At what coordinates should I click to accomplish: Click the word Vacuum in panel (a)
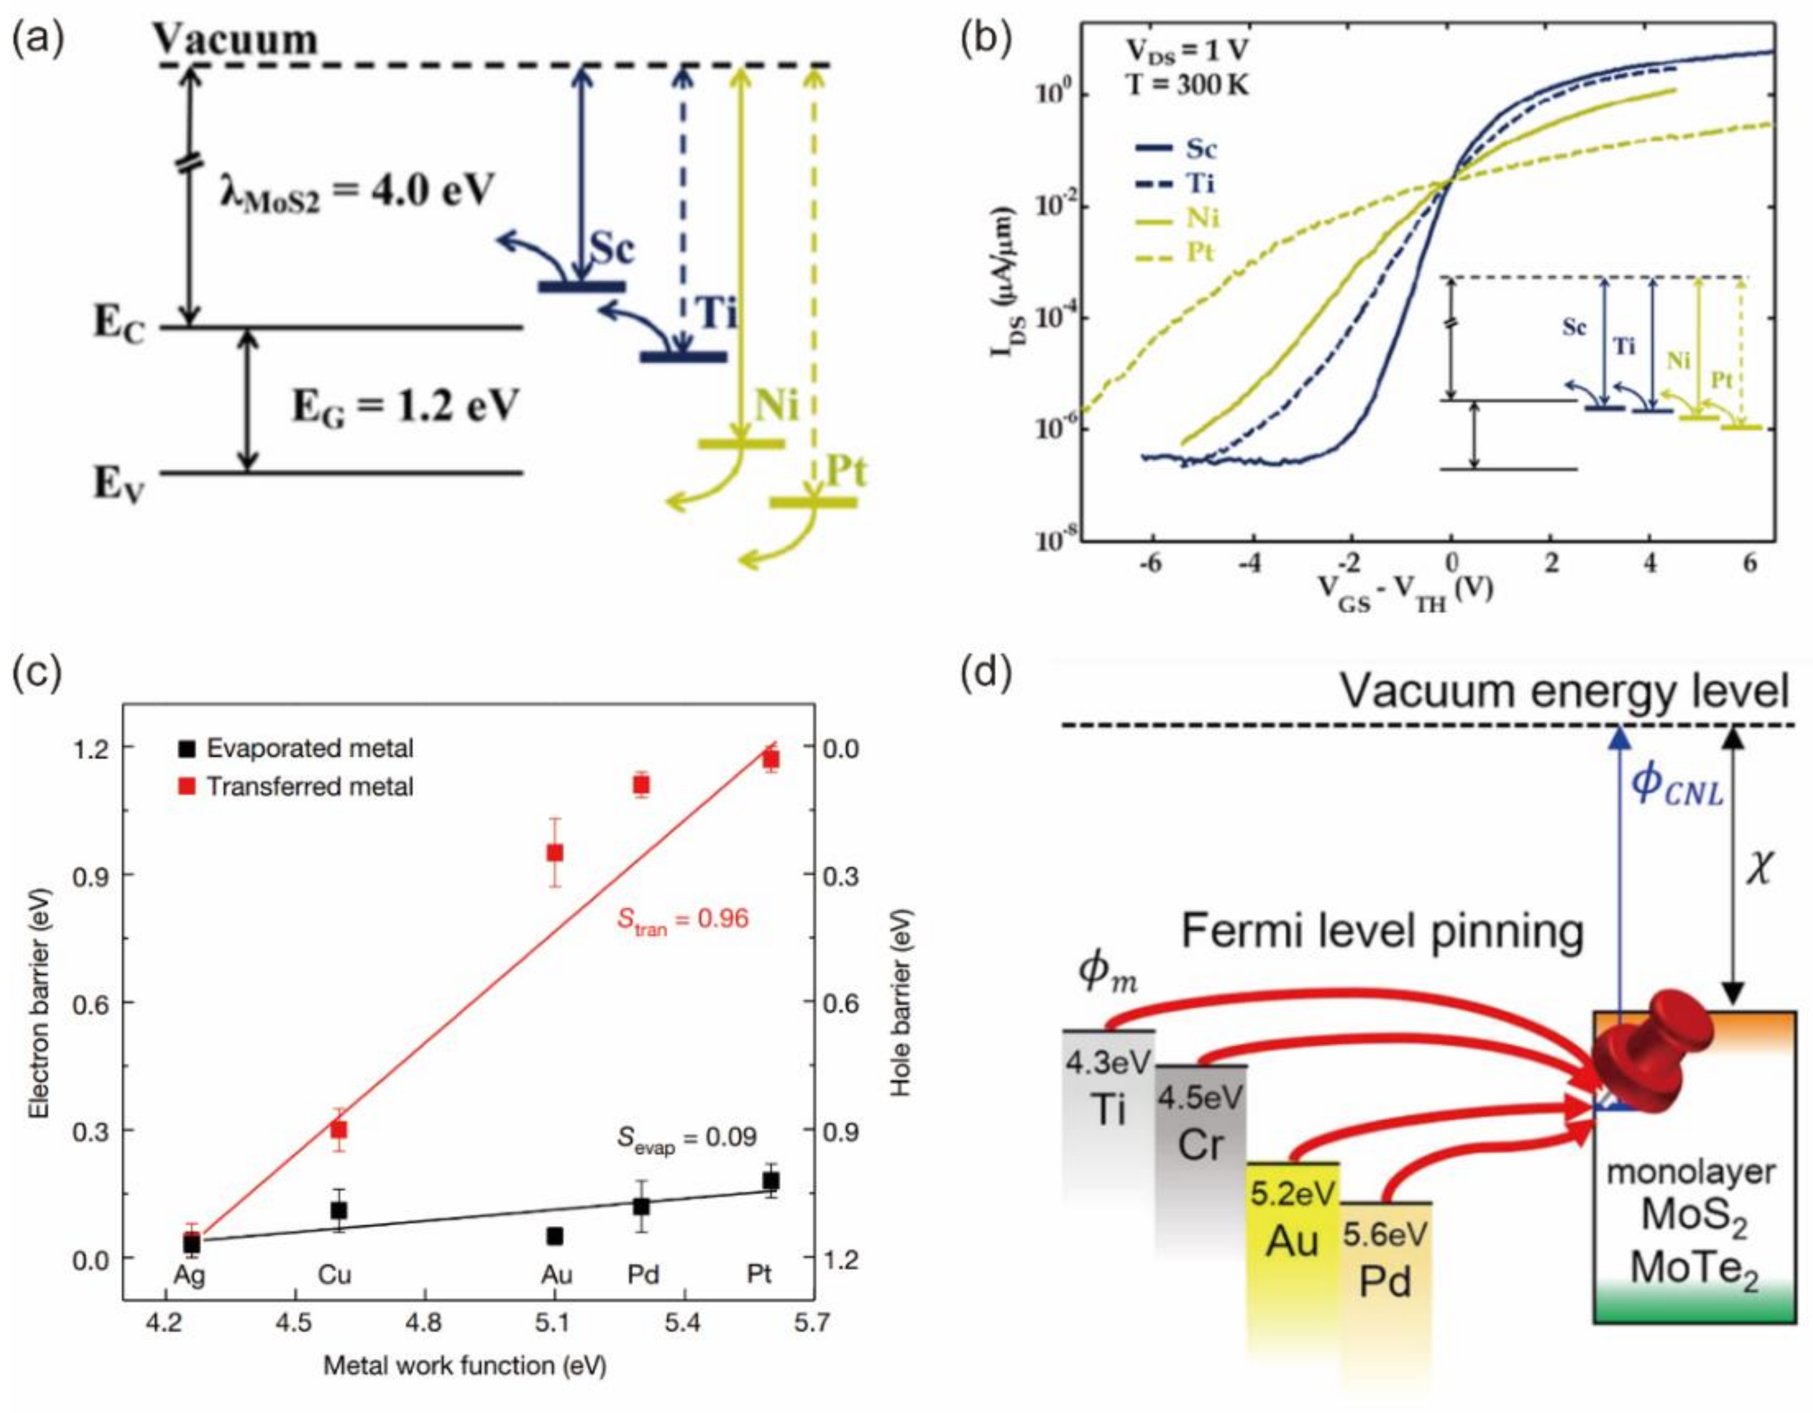point(237,38)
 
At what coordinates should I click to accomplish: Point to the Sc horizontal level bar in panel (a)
point(581,286)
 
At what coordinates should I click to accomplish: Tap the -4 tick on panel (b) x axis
point(1249,564)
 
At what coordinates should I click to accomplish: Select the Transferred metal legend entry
point(309,785)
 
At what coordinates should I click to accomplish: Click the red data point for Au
point(555,853)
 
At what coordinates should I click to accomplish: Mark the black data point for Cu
point(339,1210)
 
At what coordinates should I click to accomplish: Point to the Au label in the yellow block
point(1292,1242)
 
